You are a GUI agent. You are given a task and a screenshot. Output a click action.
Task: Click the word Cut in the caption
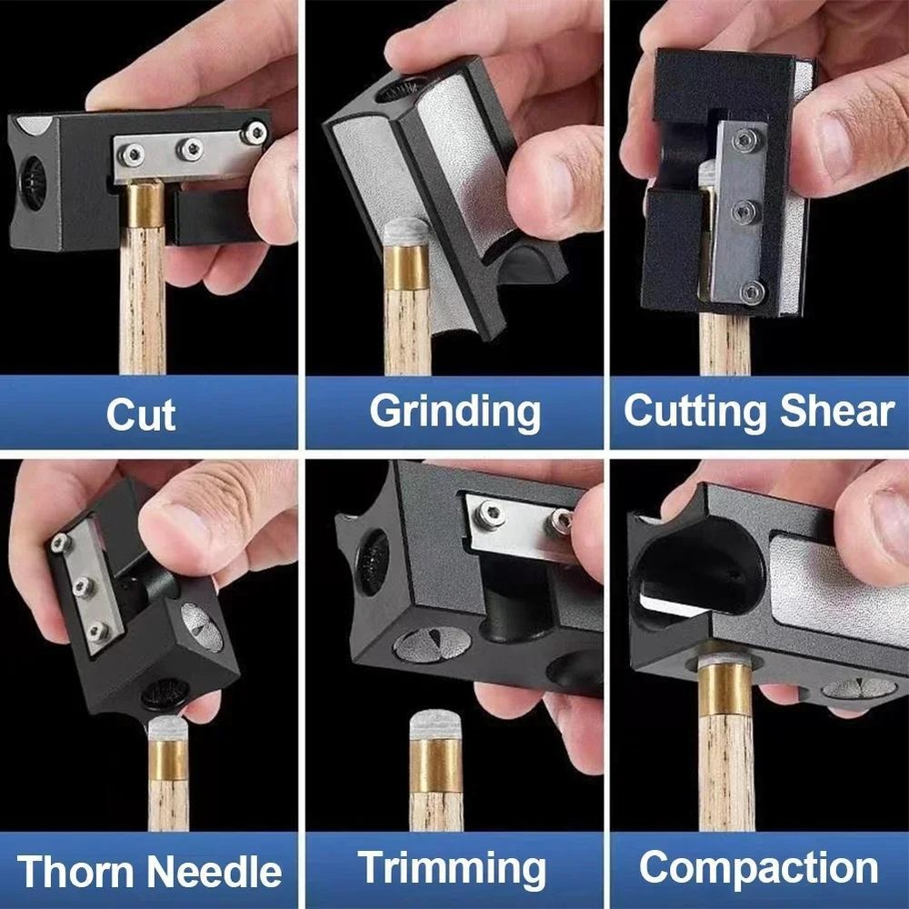coord(141,414)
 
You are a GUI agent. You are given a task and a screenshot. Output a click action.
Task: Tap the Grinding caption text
coord(454,414)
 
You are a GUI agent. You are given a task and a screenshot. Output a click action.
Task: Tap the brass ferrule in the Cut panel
coord(144,205)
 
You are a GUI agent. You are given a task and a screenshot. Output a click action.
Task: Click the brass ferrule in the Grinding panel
coord(406,266)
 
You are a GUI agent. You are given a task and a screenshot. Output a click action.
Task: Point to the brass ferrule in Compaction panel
coord(724,690)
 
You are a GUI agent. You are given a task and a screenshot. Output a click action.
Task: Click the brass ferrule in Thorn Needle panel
coord(168,758)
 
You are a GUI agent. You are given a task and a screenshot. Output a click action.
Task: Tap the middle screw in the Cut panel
coord(189,148)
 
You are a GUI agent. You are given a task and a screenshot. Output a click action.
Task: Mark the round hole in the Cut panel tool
coord(35,182)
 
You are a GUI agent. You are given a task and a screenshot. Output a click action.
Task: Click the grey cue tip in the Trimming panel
coord(436,724)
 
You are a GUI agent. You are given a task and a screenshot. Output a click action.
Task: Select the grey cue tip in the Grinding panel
coord(405,232)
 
